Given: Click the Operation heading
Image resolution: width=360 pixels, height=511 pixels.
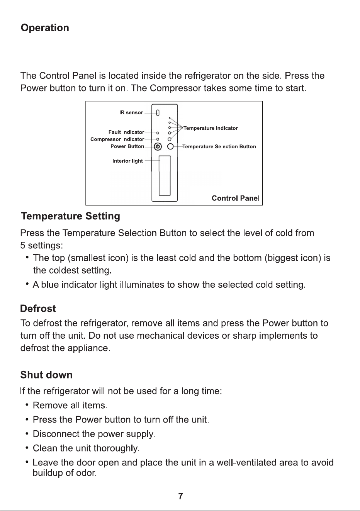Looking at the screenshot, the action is coord(45,28).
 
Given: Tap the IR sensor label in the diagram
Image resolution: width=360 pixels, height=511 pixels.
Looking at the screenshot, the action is coord(131,112).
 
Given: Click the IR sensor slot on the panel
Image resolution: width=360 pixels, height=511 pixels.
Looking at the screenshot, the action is coord(158,113).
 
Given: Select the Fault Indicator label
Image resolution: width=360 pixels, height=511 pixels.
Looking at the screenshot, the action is coord(126,132).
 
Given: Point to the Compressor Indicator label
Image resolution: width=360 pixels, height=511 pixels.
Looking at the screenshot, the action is coord(117,139).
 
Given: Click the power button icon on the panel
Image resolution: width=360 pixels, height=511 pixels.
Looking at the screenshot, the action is coord(158,146).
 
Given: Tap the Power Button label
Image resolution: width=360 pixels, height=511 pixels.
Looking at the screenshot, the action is coord(127,146).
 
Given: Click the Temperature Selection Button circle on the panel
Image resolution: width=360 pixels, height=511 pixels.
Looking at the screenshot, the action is coord(170,146).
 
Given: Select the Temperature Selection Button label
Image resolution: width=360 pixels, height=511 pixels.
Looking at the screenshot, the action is coord(219,146).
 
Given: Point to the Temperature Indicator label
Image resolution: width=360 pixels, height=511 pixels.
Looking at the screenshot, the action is coord(211,128).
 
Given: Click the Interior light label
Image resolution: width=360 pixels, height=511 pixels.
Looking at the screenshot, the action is coord(127,161).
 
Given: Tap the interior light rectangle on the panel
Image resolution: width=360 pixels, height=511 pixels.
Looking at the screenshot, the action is coord(165,176).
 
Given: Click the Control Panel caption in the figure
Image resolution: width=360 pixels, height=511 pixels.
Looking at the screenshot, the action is coord(236,198).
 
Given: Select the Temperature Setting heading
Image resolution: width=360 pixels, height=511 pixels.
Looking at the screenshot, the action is coord(71,216).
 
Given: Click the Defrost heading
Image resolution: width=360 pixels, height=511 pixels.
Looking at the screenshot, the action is coord(38,309).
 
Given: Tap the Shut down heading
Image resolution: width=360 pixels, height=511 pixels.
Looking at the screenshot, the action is coord(46,375).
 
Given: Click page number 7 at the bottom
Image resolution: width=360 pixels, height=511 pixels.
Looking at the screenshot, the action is coord(180,496).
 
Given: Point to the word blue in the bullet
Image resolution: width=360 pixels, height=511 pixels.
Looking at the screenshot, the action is coord(50,285).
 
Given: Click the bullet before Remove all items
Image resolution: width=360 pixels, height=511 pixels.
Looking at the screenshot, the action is coord(27,405).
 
